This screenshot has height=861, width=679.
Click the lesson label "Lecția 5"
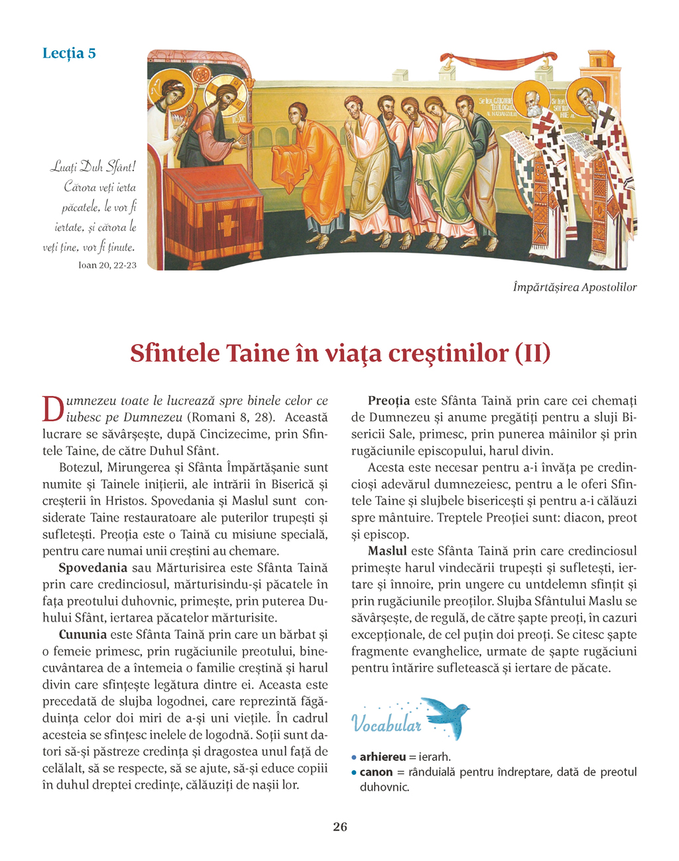point(69,53)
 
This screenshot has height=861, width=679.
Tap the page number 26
point(339,827)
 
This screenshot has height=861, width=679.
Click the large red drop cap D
point(52,409)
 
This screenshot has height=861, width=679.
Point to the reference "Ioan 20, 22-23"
point(102,265)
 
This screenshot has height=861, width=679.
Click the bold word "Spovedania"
point(93,568)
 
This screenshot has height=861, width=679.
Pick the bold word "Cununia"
point(82,635)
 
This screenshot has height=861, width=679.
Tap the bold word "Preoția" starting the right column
point(389,401)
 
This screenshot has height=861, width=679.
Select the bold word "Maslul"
point(387,551)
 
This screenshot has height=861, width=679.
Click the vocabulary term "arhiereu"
point(383,757)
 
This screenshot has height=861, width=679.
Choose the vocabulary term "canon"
point(376,772)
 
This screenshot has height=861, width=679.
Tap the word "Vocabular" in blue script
point(386,724)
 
